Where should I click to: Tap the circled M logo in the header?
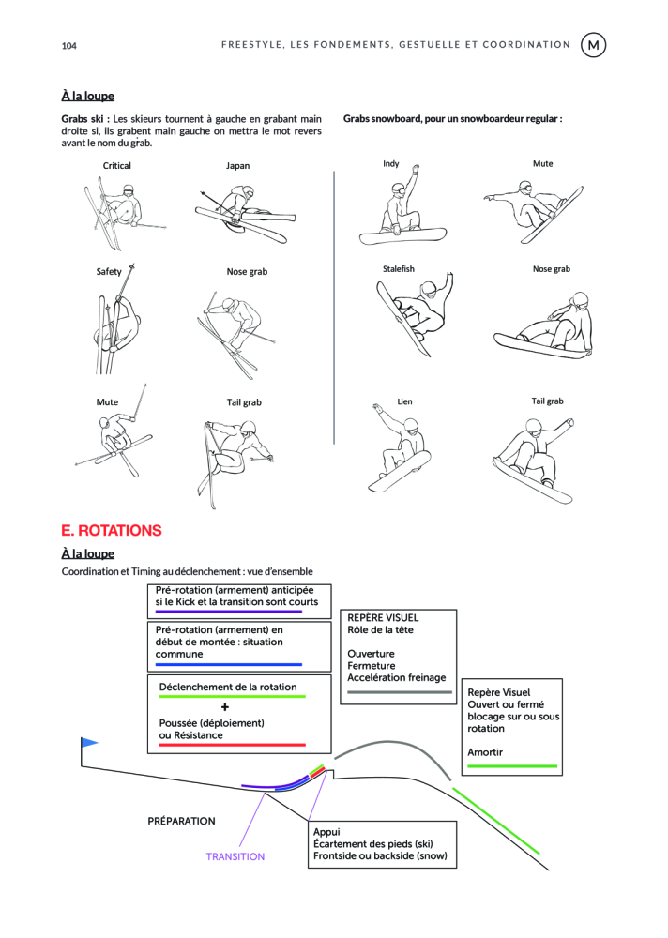594,44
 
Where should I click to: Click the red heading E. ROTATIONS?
112,530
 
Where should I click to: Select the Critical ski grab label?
117,166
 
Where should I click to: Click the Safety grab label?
109,272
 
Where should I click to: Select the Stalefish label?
398,269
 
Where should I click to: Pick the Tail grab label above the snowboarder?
547,401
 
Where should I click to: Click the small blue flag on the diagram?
89,743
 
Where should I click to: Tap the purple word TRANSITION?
235,856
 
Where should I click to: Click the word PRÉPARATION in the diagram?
181,821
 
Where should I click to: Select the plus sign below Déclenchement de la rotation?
225,706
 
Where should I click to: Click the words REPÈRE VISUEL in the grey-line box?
383,619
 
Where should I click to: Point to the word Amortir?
485,752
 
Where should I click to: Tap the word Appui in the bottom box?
326,832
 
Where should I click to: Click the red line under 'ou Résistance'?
226,745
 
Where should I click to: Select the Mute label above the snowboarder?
542,163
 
